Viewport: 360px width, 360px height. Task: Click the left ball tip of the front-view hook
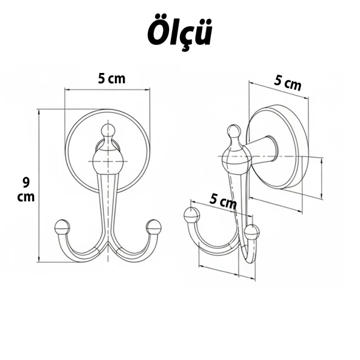[x=61, y=227]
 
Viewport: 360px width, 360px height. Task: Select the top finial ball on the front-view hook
[x=108, y=130]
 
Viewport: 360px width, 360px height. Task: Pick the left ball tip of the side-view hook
[x=192, y=214]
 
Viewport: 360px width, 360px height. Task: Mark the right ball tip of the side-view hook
[x=251, y=232]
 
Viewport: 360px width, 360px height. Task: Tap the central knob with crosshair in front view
[x=108, y=162]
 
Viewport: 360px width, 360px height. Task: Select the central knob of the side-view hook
[x=236, y=159]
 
